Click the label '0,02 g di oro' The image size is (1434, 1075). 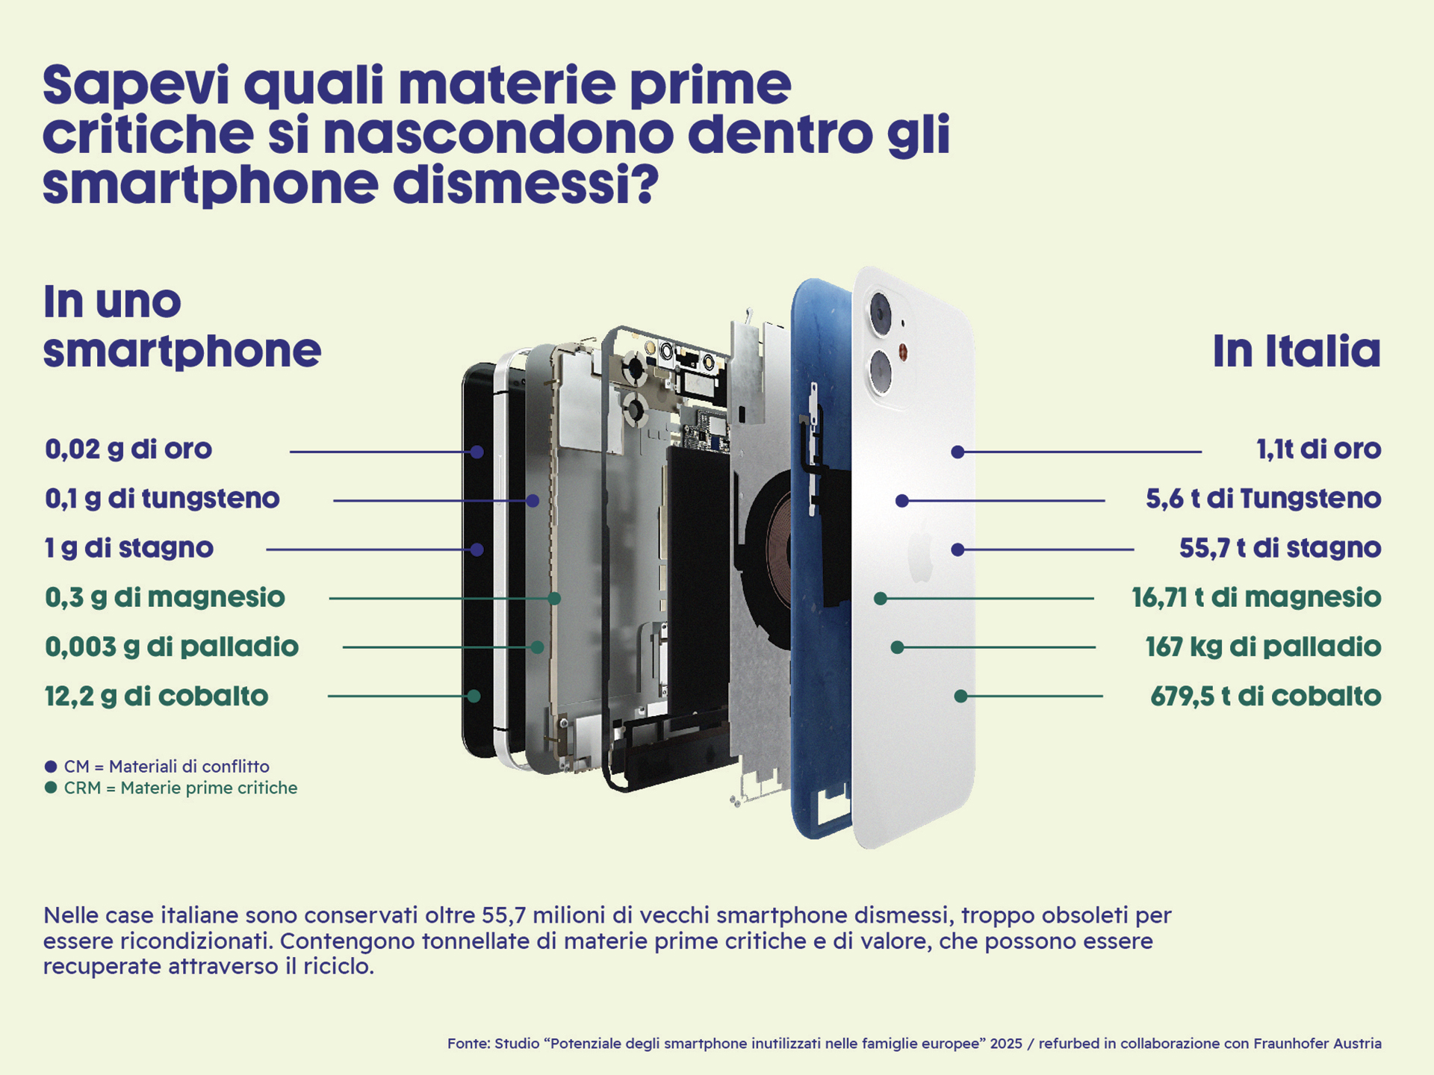click(128, 449)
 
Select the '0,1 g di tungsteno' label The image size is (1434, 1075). click(162, 499)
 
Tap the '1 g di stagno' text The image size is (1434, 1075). click(128, 548)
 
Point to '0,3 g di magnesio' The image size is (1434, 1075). click(165, 597)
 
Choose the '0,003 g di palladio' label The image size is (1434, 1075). click(172, 646)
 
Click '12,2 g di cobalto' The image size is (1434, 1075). click(156, 696)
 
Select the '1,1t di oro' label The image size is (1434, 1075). click(1318, 449)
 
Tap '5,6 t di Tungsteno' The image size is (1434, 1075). click(1263, 499)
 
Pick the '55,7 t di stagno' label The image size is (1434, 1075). click(1279, 548)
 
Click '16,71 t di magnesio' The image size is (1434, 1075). click(1256, 597)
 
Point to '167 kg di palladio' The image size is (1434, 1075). click(1263, 646)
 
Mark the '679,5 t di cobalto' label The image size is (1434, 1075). click(1265, 696)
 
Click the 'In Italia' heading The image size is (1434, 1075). click(1297, 351)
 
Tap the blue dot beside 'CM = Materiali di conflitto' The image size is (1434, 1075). click(51, 767)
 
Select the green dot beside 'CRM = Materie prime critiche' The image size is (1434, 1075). click(51, 788)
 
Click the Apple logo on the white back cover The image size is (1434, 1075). click(921, 556)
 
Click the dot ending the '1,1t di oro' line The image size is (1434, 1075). click(957, 452)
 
